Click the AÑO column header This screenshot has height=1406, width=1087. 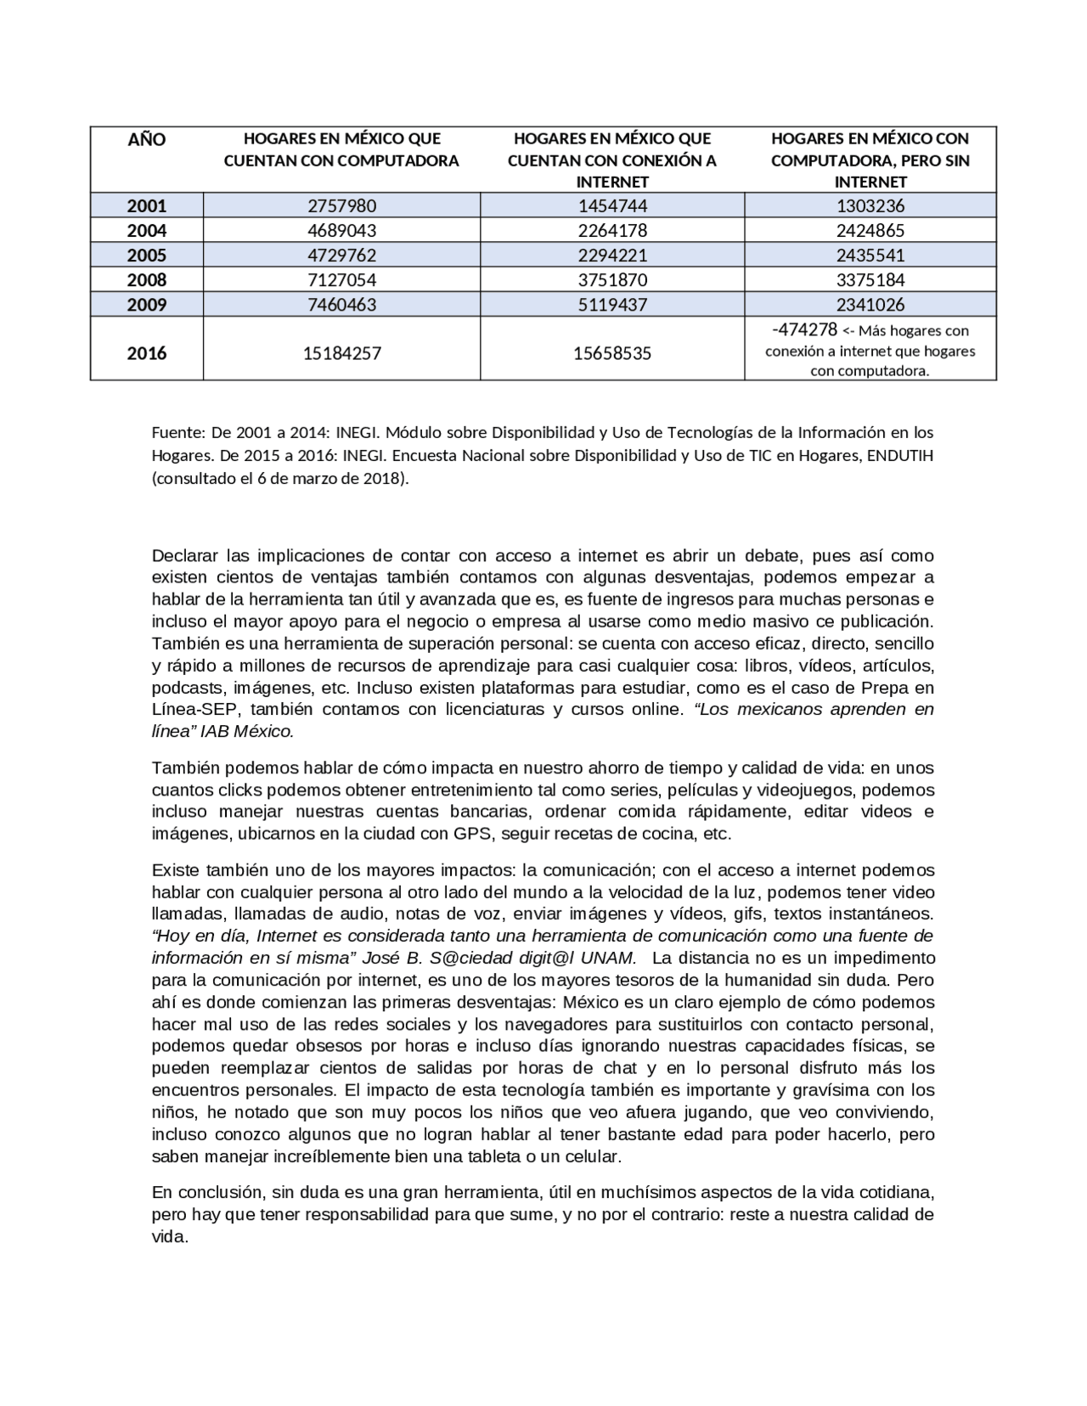point(146,140)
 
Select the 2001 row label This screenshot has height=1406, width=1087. point(146,205)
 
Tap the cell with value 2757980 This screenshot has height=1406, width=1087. point(341,205)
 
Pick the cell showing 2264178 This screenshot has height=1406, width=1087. point(612,230)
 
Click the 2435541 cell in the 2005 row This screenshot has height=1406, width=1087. point(870,255)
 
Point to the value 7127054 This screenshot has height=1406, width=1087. point(341,279)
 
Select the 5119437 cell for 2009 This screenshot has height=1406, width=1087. point(612,304)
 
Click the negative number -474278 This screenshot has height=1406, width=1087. point(804,329)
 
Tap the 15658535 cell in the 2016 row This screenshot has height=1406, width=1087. point(612,353)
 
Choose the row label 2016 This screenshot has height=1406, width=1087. point(146,353)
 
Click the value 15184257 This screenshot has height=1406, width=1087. point(341,353)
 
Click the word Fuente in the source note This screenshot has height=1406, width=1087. point(175,433)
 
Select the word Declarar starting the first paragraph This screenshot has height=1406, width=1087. point(185,556)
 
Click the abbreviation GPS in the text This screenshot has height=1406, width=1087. point(472,834)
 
